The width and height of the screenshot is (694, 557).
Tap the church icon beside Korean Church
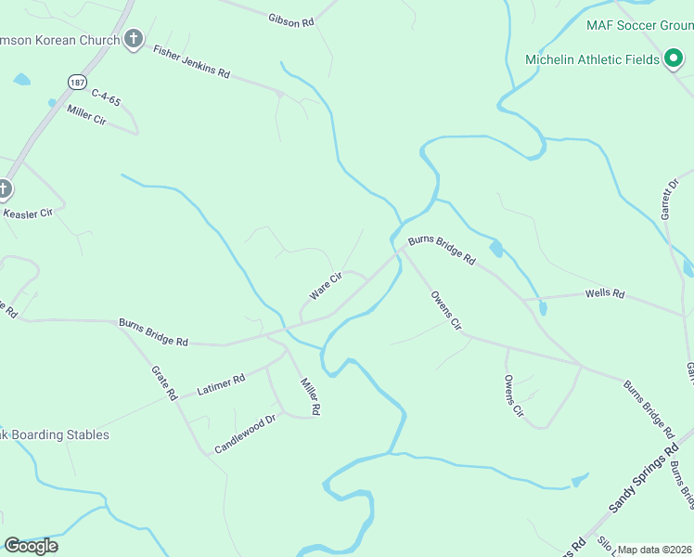pos(135,39)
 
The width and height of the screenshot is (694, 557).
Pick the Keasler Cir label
pos(28,213)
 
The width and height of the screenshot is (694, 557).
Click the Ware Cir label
pos(326,285)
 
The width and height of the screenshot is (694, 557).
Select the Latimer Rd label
pos(221,385)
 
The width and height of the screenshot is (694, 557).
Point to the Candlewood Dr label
pos(246,434)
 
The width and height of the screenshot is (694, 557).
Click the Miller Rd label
pos(310,395)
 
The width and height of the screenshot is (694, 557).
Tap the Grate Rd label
pos(164,382)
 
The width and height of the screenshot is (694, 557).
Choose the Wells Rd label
pos(605,294)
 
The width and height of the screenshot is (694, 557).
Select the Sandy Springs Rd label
pos(639,484)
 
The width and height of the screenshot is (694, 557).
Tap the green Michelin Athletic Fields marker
pos(673,59)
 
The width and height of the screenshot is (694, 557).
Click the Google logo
pos(31,546)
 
